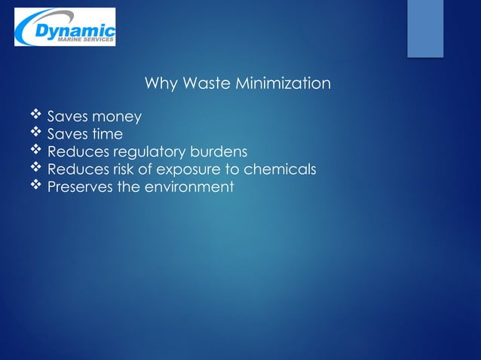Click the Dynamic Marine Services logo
65,27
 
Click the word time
107,135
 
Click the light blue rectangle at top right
425,28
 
